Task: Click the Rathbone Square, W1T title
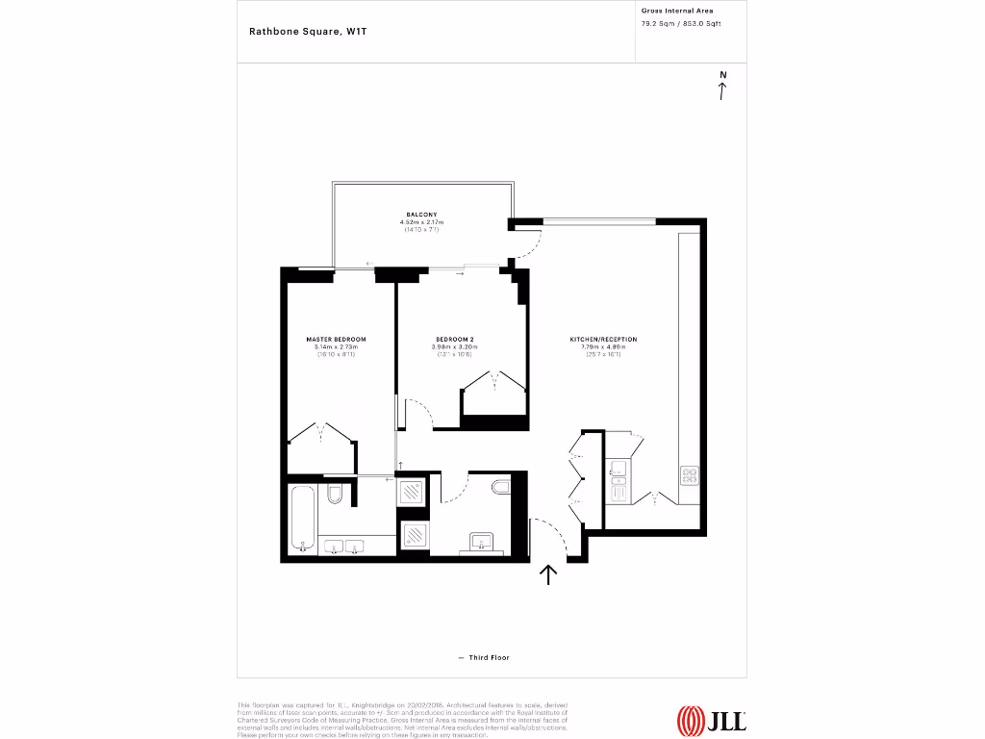(308, 31)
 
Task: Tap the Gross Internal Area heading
(677, 11)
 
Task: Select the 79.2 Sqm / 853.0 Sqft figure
(681, 23)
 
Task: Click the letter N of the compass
(722, 74)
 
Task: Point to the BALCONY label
(421, 214)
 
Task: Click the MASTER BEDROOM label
(336, 340)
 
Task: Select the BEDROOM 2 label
(455, 340)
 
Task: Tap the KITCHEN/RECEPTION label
(603, 340)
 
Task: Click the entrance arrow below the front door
(548, 574)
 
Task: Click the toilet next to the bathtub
(335, 494)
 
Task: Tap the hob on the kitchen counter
(690, 474)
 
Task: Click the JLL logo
(712, 719)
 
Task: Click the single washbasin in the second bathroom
(480, 541)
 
